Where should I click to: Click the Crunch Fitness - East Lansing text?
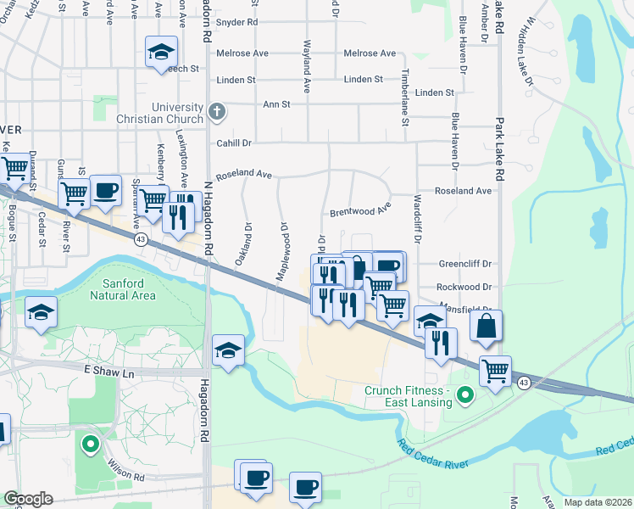click(x=407, y=396)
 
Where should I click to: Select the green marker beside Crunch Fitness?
click(x=464, y=395)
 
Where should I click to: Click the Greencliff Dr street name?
click(x=464, y=265)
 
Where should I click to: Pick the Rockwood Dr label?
click(x=464, y=288)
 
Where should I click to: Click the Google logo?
click(x=28, y=499)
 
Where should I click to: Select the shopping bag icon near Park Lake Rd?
click(x=486, y=327)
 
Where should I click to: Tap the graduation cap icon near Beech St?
click(x=160, y=52)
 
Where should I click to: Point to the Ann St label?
click(x=276, y=104)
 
